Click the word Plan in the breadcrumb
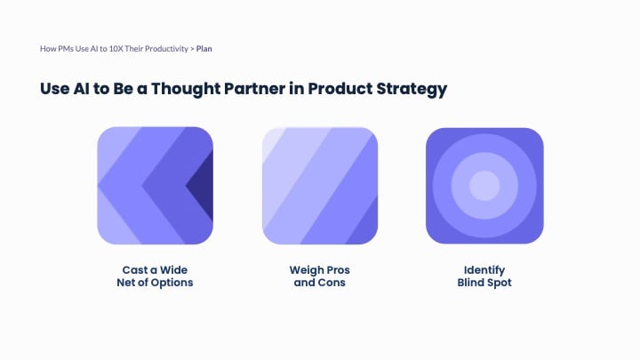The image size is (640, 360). pos(204,48)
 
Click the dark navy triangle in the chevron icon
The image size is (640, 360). pos(203,186)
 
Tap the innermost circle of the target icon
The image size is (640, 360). pos(484,186)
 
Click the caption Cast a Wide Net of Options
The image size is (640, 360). pos(156,276)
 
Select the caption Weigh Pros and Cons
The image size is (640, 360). pos(319,276)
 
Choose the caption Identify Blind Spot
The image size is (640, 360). pos(484,276)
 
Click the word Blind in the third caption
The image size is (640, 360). pos(470,283)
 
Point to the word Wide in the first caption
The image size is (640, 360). pos(174,268)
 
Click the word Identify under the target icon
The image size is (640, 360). pos(484,268)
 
